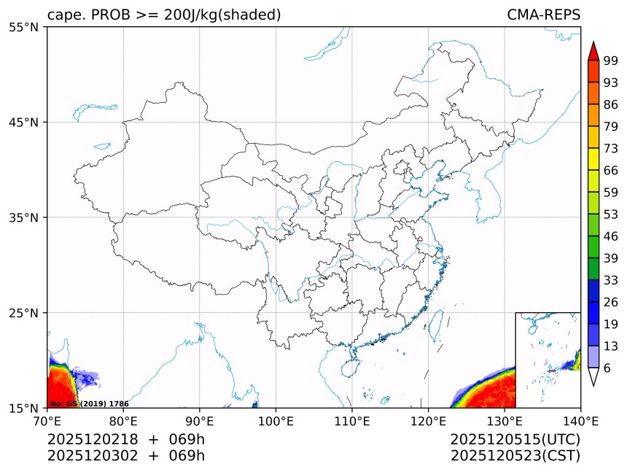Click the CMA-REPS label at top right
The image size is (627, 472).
click(x=543, y=15)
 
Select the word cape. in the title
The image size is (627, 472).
click(x=67, y=15)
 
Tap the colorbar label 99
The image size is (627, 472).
click(x=611, y=61)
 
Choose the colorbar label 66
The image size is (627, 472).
click(x=611, y=170)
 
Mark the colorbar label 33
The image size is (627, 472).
click(x=611, y=279)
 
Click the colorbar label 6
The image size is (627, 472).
click(x=607, y=368)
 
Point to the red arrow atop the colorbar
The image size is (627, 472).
click(x=593, y=50)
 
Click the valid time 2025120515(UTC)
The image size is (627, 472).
click(x=515, y=439)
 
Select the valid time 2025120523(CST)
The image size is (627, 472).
click(x=515, y=456)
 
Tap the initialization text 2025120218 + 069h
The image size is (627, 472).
click(x=125, y=439)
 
